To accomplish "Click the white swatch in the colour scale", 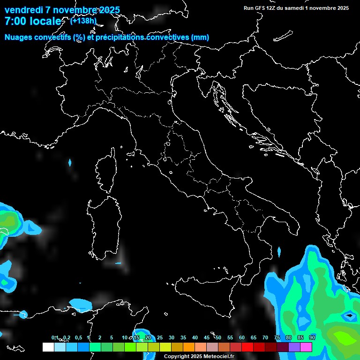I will [48, 347].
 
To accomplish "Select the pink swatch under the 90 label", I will [306, 347].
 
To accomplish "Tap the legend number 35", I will [183, 338].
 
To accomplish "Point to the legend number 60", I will [242, 338].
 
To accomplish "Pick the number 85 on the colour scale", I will [300, 338].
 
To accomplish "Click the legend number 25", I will [160, 338].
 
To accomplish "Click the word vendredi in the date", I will [23, 10].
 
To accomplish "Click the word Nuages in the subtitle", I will [20, 37].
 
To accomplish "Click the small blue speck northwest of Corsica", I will [70, 163].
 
